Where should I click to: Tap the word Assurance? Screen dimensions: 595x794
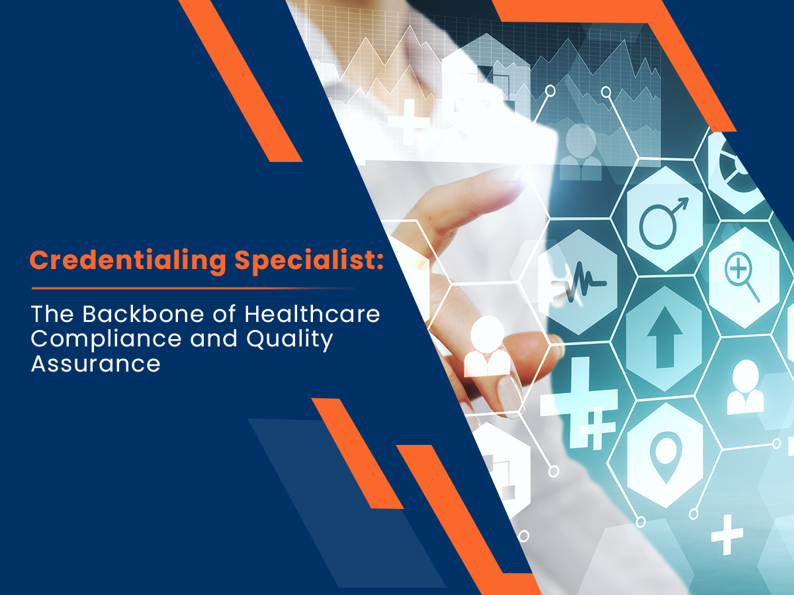click(x=95, y=363)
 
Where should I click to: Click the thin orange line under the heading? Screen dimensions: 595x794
click(x=192, y=288)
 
